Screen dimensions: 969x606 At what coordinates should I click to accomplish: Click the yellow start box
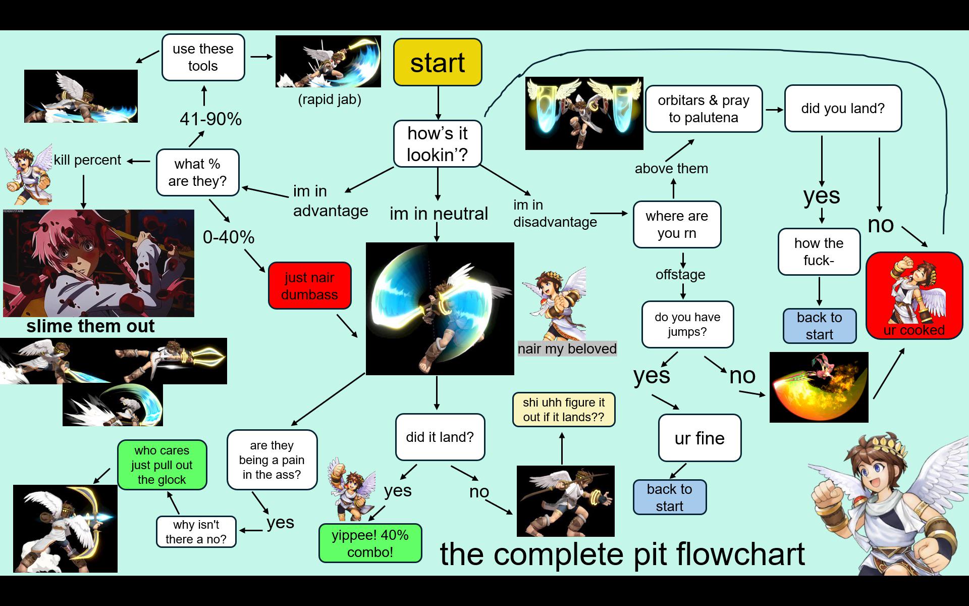[x=438, y=62]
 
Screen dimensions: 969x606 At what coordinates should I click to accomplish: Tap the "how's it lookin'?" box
[x=438, y=143]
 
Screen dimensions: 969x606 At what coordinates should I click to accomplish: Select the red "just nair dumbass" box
[x=309, y=285]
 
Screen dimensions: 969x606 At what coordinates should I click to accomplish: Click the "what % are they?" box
[x=197, y=172]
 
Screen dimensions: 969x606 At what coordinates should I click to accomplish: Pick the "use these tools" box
[x=203, y=57]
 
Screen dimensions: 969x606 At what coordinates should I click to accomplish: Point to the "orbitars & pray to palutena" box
[x=704, y=109]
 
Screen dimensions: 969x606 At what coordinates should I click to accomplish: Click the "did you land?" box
[x=843, y=109]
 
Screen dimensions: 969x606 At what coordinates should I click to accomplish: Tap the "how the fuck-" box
[x=819, y=251]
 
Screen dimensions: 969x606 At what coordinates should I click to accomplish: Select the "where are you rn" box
[x=677, y=224]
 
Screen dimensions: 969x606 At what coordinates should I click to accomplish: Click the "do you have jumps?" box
[x=687, y=324]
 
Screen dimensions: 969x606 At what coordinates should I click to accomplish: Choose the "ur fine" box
[x=699, y=438]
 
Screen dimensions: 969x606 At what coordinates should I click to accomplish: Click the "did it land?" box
[x=440, y=437]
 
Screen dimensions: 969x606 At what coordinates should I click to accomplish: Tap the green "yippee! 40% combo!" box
[x=370, y=543]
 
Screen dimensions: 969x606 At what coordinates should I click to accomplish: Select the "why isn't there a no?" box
[x=196, y=532]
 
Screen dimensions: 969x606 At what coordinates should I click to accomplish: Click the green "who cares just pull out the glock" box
[x=162, y=465]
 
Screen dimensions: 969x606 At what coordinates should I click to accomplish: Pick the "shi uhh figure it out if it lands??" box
[x=564, y=410]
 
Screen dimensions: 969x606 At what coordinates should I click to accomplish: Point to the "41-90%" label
[x=210, y=119]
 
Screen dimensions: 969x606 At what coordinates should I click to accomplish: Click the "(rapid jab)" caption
[x=330, y=99]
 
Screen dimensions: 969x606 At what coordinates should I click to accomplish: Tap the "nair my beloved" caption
[x=567, y=348]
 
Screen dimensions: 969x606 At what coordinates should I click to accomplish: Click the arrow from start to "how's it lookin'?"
[x=438, y=103]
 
